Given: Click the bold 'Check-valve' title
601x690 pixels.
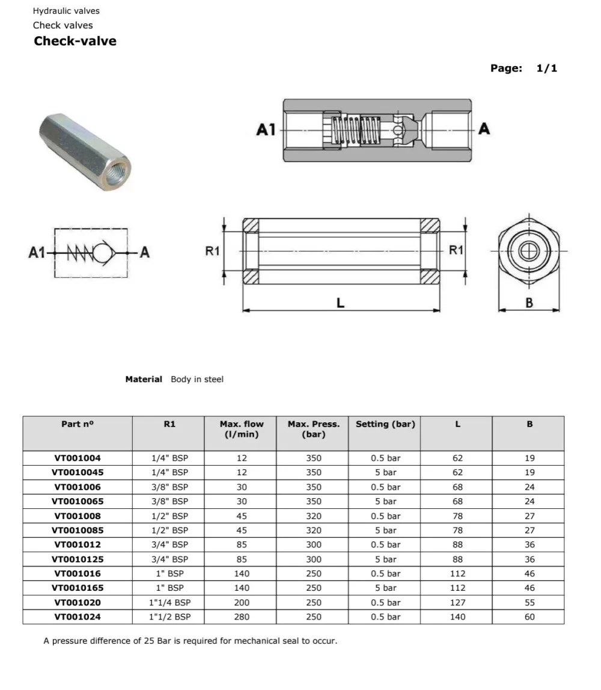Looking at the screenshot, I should tap(75, 42).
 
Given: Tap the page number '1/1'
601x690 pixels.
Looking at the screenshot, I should tap(546, 69).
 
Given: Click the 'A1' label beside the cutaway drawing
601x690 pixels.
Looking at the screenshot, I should tap(266, 130).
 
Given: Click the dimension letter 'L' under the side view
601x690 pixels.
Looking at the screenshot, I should tap(340, 303).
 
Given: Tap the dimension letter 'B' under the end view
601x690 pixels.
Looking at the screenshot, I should tap(529, 303).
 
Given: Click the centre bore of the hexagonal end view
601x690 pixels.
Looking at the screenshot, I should tap(529, 251).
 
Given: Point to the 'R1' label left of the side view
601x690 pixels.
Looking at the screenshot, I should tap(213, 251).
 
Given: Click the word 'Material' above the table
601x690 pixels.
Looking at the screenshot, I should tap(144, 380).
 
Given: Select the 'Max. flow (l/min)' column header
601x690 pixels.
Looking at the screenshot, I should tap(242, 429).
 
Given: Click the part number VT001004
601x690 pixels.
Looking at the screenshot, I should tap(78, 458).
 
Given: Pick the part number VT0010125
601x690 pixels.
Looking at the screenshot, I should tap(78, 559).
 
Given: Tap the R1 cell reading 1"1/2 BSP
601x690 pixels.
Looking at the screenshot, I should tap(169, 617).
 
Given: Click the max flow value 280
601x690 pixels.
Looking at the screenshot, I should tap(242, 617).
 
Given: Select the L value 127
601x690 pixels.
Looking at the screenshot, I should tap(457, 603).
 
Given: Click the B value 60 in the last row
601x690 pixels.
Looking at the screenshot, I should tap(529, 617).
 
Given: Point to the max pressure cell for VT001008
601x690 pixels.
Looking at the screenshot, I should tap(313, 516).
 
